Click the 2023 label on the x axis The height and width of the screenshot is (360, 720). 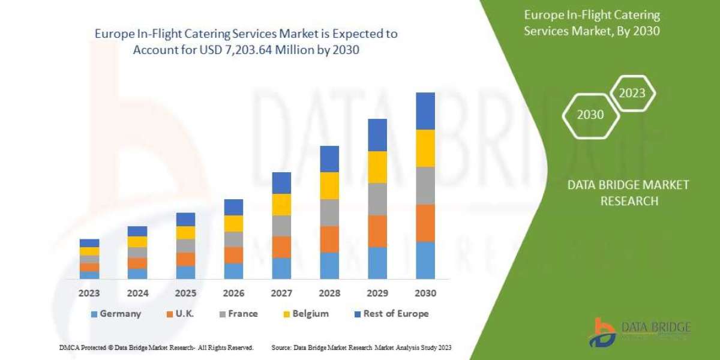click(89, 293)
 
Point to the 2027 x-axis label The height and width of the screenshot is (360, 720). click(281, 293)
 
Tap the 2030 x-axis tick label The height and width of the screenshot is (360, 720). click(425, 293)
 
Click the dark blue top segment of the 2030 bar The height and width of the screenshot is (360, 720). click(425, 111)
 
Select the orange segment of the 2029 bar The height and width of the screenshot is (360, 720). click(377, 231)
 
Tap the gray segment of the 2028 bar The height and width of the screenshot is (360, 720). click(329, 212)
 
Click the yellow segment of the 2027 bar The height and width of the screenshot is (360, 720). click(281, 205)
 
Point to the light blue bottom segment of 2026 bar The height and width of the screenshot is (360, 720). click(233, 271)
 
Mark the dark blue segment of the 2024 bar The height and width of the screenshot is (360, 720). click(137, 231)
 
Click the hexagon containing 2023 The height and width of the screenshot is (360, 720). click(632, 93)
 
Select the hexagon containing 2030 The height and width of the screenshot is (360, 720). click(590, 115)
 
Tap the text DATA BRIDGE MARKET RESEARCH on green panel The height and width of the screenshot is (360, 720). click(628, 193)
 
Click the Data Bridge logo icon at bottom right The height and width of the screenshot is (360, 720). click(604, 332)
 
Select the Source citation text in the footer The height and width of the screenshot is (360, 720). click(361, 347)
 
